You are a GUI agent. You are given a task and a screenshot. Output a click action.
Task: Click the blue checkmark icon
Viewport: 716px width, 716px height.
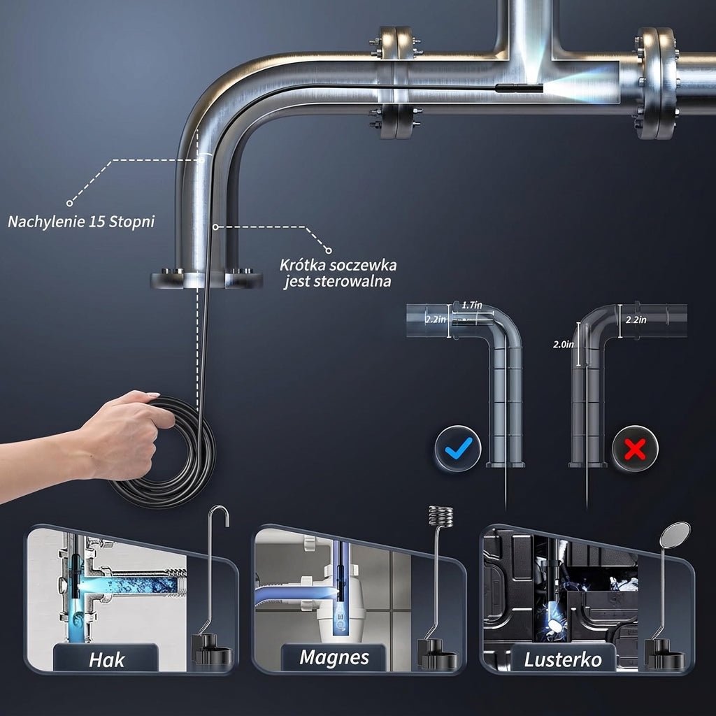coord(457,448)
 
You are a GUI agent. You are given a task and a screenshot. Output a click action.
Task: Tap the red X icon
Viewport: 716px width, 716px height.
coord(635,448)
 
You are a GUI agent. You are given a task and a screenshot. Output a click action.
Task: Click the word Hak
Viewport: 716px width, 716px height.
coord(106,660)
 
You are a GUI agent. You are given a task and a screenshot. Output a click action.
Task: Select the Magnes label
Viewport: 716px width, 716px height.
coord(334,657)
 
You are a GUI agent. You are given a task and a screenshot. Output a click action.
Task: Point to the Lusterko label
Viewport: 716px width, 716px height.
coord(563,660)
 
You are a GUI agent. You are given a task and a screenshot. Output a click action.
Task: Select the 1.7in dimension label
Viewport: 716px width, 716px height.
coord(471,305)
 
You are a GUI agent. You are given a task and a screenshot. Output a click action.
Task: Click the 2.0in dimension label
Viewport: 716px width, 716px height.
coord(564,344)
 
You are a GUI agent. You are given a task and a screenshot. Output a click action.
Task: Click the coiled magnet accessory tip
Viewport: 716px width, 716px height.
coord(441,517)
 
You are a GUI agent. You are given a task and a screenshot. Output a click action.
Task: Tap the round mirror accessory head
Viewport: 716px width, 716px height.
coord(675,534)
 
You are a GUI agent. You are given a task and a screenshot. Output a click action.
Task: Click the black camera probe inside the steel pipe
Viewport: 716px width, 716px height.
coord(519,88)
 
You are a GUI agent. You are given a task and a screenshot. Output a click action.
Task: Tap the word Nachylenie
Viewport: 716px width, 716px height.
coord(47,222)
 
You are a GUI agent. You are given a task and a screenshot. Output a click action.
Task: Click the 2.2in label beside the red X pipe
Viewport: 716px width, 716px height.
coord(636,320)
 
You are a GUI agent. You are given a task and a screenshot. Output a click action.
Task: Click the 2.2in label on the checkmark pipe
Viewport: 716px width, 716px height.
coord(436,319)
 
